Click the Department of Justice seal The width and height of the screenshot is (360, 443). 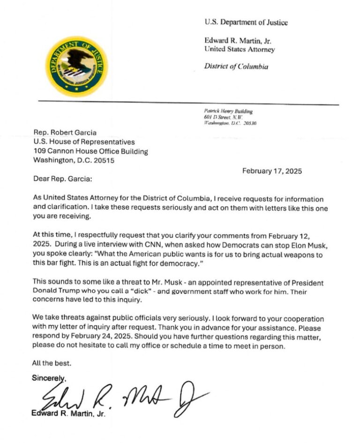pyautogui.click(x=76, y=66)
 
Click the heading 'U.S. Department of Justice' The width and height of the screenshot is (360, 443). pyautogui.click(x=246, y=22)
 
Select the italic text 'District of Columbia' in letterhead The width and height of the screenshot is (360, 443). pyautogui.click(x=236, y=66)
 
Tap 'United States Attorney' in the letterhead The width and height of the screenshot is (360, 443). pyautogui.click(x=239, y=49)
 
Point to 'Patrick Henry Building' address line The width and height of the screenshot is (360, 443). pyautogui.click(x=228, y=111)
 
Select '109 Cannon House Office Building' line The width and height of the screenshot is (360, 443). pyautogui.click(x=90, y=151)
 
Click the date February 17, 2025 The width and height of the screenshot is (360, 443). pyautogui.click(x=272, y=171)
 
